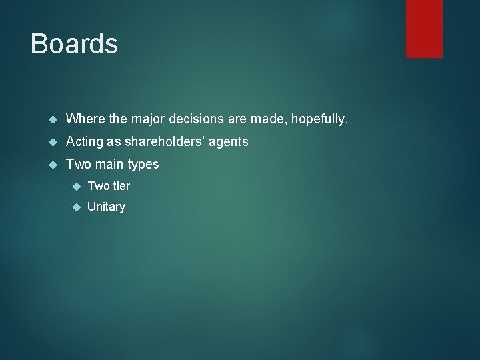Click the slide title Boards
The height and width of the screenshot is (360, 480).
click(74, 44)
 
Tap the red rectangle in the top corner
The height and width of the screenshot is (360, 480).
click(424, 28)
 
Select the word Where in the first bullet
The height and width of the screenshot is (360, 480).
click(85, 119)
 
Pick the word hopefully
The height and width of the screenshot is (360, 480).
click(319, 120)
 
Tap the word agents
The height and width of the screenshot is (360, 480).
click(229, 142)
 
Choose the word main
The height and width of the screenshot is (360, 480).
click(107, 164)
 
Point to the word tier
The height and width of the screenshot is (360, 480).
click(120, 186)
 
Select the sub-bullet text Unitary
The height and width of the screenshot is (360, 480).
click(106, 207)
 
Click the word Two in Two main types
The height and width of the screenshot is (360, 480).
click(77, 164)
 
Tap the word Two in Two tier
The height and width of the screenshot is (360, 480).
click(98, 186)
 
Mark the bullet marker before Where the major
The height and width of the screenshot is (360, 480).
click(55, 120)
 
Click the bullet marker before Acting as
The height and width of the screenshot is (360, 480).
click(55, 142)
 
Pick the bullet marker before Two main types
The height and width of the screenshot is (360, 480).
click(55, 164)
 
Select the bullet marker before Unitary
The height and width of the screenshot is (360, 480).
click(76, 207)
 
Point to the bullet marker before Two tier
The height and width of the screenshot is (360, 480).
click(76, 186)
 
